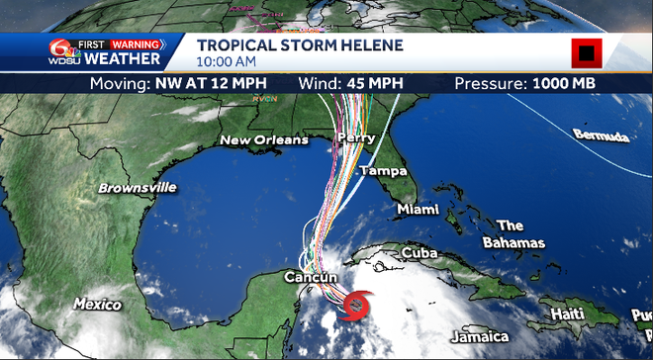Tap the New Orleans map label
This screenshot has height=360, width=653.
263,140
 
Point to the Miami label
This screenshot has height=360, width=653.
418,210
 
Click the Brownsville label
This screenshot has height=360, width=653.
138,187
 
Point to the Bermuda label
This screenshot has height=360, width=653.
601,136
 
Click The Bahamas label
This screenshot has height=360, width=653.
513,234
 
